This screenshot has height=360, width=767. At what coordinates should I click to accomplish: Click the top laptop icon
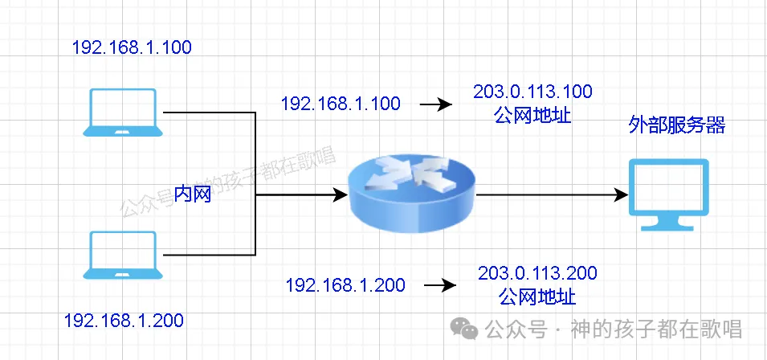(123, 113)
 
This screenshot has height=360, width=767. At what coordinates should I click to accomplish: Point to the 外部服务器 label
(677, 125)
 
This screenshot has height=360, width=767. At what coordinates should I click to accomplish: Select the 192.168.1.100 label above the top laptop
(132, 47)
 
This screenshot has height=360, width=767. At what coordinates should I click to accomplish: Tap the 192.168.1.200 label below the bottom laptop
(124, 321)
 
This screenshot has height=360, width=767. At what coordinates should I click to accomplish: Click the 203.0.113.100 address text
(532, 92)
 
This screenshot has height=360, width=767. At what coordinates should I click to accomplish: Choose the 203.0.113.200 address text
(537, 273)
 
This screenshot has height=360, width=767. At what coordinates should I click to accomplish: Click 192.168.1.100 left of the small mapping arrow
(341, 104)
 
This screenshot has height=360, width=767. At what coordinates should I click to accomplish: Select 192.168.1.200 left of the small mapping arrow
(345, 285)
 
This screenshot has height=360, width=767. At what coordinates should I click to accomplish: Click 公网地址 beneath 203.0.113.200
(537, 296)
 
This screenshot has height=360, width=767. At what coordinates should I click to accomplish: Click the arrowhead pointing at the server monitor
(619, 195)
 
